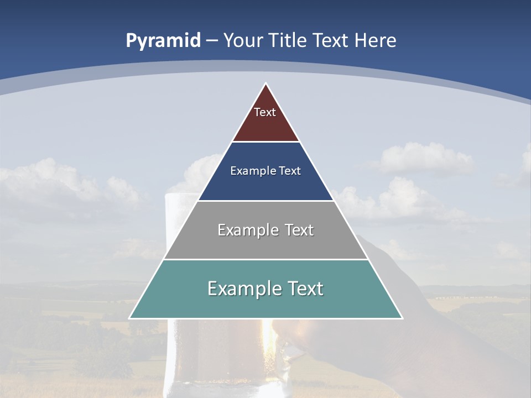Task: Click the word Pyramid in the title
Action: [x=163, y=41]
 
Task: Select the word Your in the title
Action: [x=243, y=41]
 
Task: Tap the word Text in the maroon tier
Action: [x=265, y=112]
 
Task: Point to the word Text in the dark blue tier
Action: [x=290, y=171]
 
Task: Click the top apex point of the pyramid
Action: [x=265, y=83]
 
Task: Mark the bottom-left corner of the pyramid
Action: [x=129, y=318]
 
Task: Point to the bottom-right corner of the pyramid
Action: [x=402, y=318]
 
